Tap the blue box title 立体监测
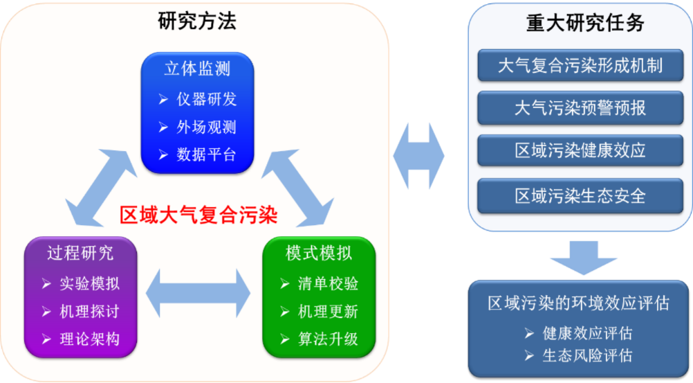coord(197,69)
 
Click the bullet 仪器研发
coord(206,99)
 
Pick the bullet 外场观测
coord(206,127)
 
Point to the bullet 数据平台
coord(206,154)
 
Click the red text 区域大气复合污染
coord(198,215)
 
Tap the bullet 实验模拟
coord(89,284)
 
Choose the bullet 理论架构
coord(89,339)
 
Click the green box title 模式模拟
coord(319,253)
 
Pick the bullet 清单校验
coord(328,284)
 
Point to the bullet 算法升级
coord(328,339)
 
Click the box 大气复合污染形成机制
coord(580,66)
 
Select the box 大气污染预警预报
coord(580,108)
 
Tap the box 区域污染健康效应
coord(580,151)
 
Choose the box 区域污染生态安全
coord(580,195)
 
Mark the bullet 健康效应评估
coord(587,333)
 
